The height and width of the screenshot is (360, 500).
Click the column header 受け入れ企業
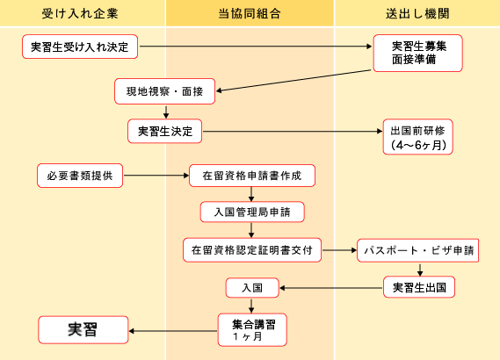(x=80, y=14)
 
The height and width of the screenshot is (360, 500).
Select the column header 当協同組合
(x=250, y=14)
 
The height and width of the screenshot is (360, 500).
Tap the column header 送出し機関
(x=417, y=14)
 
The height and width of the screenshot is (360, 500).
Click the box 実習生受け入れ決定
(x=80, y=47)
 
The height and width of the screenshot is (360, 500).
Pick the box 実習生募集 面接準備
(x=417, y=53)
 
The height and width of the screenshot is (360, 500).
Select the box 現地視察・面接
(x=165, y=91)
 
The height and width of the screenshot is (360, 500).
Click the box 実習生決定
(x=165, y=131)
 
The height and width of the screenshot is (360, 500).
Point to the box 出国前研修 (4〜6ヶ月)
(x=417, y=137)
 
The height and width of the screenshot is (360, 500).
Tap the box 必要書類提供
(x=80, y=176)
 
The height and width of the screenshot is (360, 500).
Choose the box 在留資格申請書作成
(x=252, y=176)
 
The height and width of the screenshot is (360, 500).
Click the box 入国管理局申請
(x=252, y=212)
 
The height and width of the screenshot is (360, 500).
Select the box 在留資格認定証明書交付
(x=252, y=250)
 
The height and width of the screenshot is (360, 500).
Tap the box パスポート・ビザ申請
(x=417, y=250)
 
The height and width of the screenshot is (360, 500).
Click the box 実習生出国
(x=419, y=287)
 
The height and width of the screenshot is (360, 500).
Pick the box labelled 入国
(x=252, y=288)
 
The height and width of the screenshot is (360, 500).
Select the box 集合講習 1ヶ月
(x=252, y=330)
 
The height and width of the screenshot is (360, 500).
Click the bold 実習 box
(x=83, y=330)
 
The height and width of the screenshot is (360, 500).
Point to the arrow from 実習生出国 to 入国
(x=331, y=288)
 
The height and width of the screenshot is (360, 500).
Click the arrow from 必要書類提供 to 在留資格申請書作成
(x=156, y=176)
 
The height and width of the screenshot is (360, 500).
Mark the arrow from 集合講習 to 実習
(x=173, y=331)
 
